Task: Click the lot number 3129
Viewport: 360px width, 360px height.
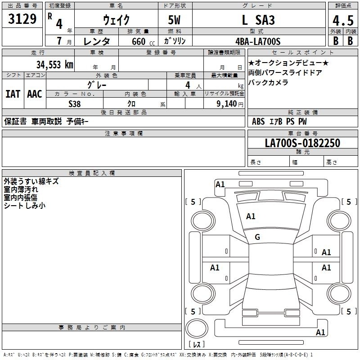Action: pos(22,19)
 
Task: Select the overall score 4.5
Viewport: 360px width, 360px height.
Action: pos(343,20)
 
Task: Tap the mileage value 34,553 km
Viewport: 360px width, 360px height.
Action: pos(54,64)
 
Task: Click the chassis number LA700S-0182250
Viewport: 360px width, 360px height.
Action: pos(302,143)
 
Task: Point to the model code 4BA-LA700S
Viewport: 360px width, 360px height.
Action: pos(258,41)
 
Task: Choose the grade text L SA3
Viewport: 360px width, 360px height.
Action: pos(258,20)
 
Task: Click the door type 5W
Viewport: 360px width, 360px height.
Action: pos(174,20)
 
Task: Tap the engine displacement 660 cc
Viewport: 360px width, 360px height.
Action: pos(143,41)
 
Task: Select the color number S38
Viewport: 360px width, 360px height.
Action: pos(74,104)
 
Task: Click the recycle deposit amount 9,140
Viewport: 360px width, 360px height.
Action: pos(227,103)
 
